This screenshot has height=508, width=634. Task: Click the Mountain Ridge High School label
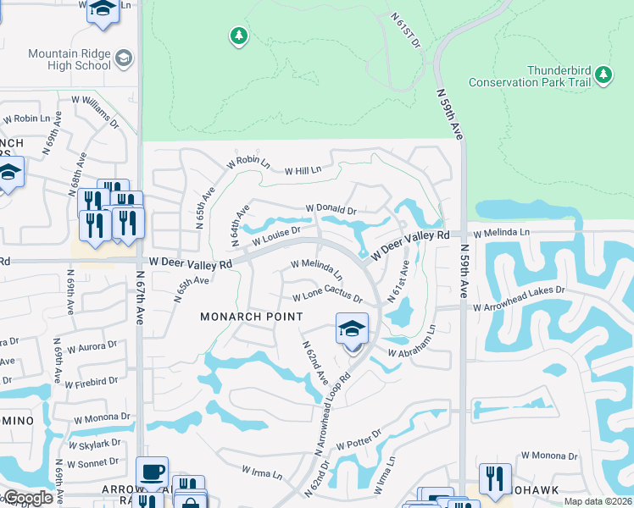[x=69, y=59]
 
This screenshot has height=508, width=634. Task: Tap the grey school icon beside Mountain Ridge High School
[x=124, y=58]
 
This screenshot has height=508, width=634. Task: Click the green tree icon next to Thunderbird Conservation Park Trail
[x=603, y=75]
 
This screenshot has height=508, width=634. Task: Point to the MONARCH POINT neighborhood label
[x=251, y=317]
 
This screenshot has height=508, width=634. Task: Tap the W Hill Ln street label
[x=303, y=170]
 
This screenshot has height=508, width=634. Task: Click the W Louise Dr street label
[x=275, y=236]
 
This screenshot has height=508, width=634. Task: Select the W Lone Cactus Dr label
[x=327, y=298]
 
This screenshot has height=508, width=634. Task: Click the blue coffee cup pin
[x=153, y=471]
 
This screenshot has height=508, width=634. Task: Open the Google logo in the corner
[x=27, y=499]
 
